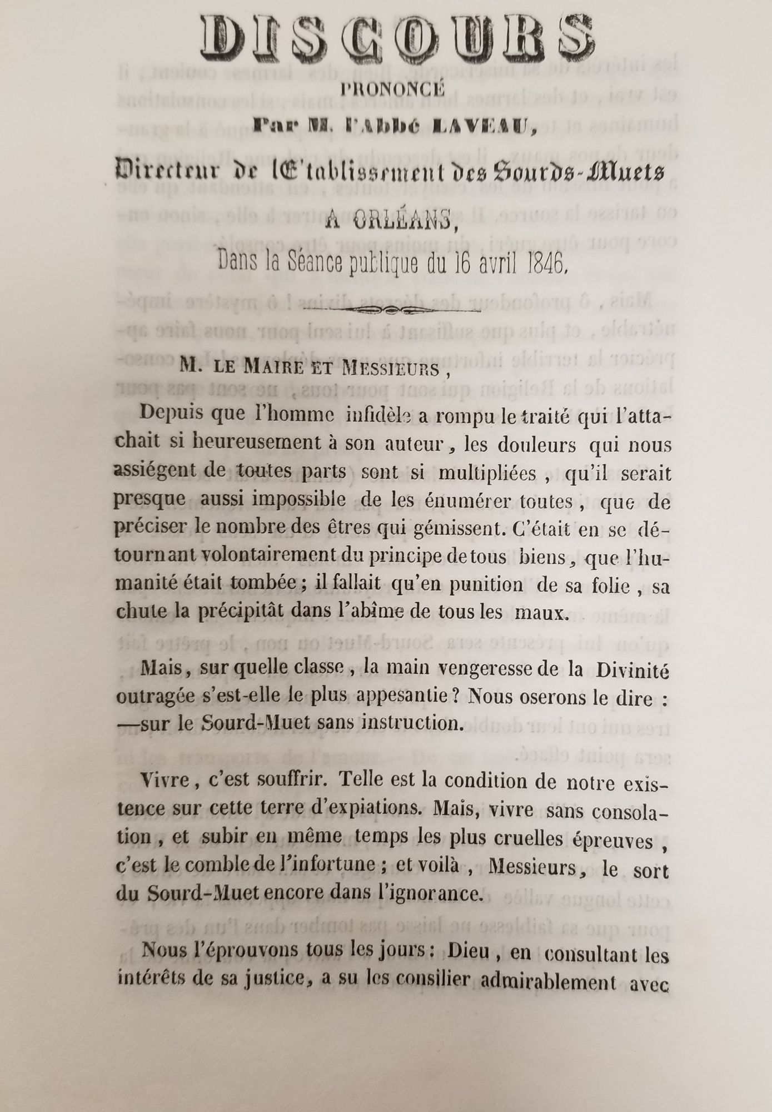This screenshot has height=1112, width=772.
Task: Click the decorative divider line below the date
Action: coord(394,310)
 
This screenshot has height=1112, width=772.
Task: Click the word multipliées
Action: coord(487,474)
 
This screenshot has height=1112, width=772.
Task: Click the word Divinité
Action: coord(631,670)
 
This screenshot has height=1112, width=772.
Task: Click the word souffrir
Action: coord(286,781)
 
